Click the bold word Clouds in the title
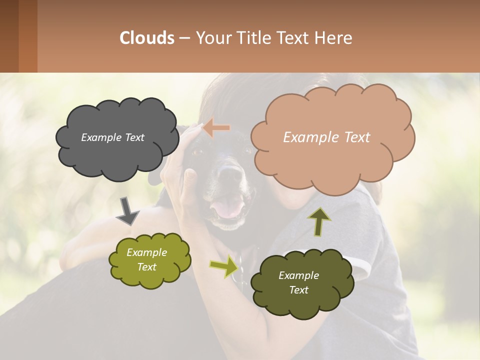[147, 38]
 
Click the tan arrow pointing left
[216, 128]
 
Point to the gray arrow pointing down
[127, 211]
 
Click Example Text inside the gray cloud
[112, 137]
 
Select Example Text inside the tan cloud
[326, 137]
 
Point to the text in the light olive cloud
[146, 259]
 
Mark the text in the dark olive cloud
[298, 282]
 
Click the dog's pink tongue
[229, 209]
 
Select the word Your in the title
[212, 38]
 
